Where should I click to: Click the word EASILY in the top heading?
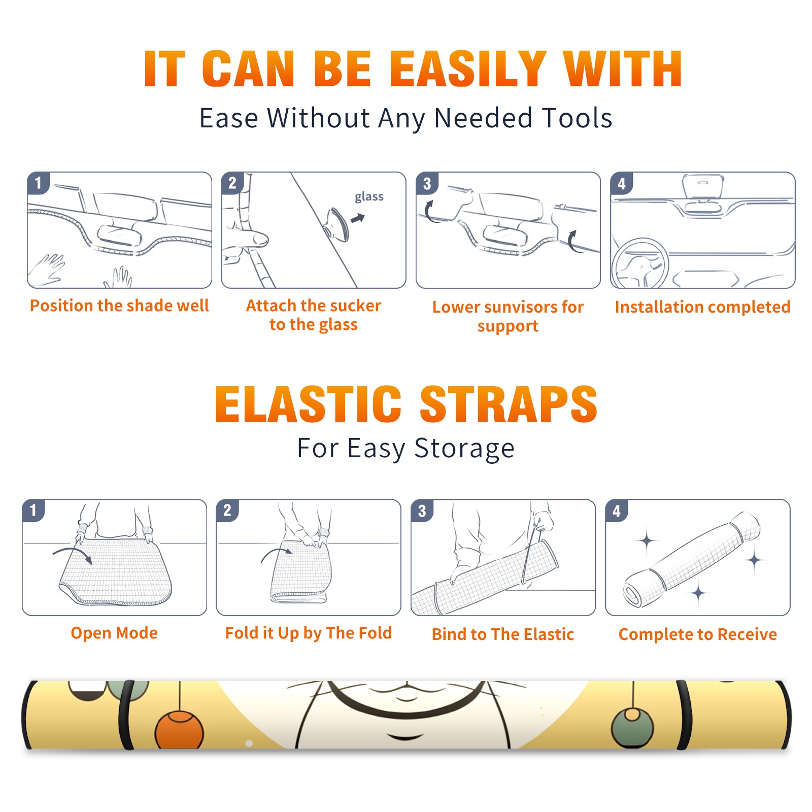point(468,69)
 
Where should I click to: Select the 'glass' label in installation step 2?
point(369,197)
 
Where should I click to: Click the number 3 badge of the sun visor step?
point(427,183)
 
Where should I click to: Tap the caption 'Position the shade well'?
point(119,306)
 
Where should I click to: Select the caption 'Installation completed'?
point(702,307)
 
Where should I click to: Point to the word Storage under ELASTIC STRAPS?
point(464,449)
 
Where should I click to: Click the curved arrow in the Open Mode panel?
point(72,554)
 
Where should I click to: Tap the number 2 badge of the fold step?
point(227,511)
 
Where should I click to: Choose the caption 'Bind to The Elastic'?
point(502,634)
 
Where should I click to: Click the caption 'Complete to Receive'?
point(698,634)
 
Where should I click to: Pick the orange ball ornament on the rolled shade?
point(179,730)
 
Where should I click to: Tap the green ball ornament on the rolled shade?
point(632,727)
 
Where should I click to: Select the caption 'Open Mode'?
point(114,633)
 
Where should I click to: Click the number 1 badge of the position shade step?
point(38,183)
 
